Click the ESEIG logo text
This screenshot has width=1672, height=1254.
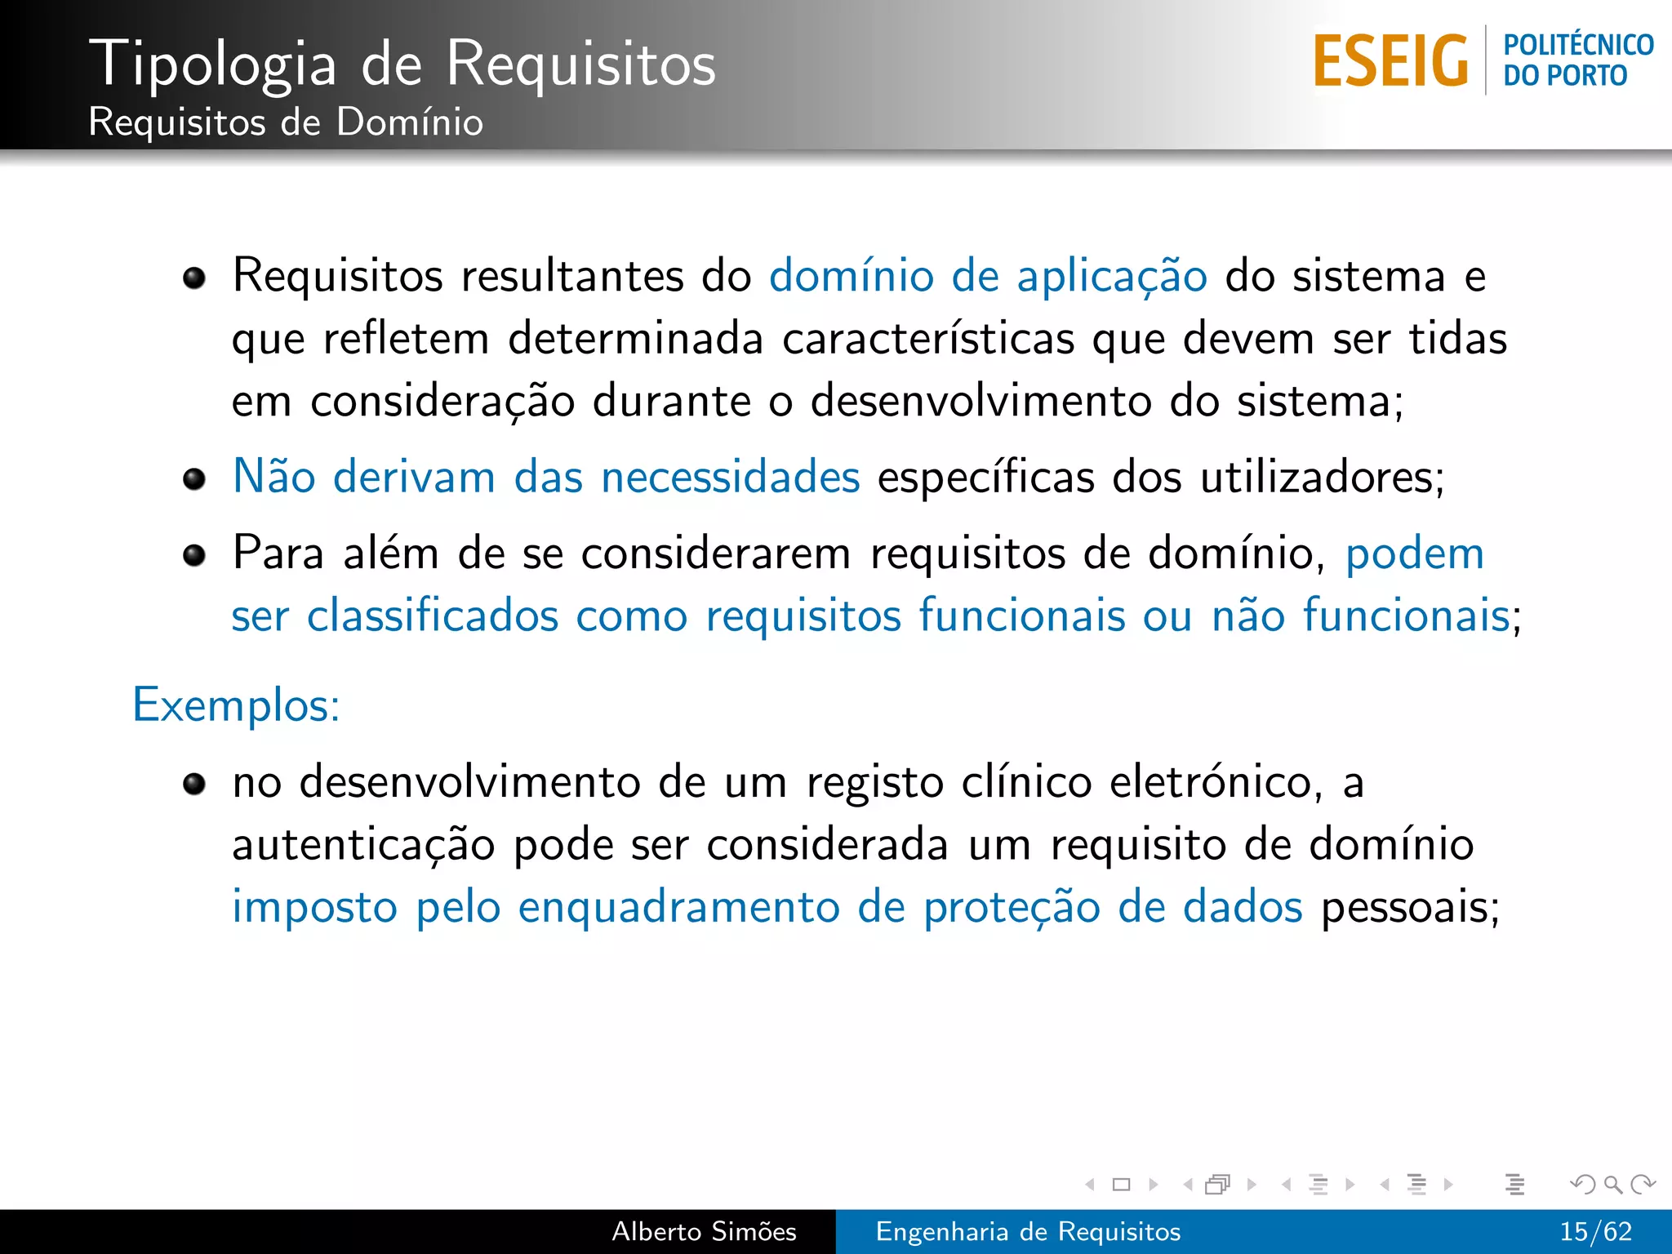(x=1390, y=61)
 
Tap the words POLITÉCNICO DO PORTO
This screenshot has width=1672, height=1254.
(x=1577, y=60)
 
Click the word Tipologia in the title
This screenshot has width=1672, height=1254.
(x=213, y=64)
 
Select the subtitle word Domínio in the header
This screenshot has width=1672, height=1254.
(x=409, y=122)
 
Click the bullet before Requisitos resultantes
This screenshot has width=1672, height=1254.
(x=194, y=278)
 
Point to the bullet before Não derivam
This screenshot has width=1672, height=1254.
(x=194, y=478)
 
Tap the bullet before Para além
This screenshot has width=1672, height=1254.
(x=194, y=556)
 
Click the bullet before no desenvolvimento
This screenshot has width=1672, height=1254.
(x=194, y=785)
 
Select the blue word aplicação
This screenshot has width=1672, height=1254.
(x=1111, y=276)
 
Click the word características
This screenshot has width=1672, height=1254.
(x=928, y=338)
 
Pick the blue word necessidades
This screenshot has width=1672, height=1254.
(x=730, y=477)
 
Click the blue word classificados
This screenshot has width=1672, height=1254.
(x=433, y=616)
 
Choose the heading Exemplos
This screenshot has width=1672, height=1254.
(x=236, y=705)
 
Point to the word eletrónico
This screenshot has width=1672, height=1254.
(x=1216, y=782)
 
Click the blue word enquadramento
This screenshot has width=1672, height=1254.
(x=678, y=907)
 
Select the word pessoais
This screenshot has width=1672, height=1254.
(x=1410, y=907)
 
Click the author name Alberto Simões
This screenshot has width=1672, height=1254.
(x=704, y=1231)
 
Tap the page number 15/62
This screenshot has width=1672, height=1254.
(x=1595, y=1231)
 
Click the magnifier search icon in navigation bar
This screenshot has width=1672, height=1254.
(x=1612, y=1184)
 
